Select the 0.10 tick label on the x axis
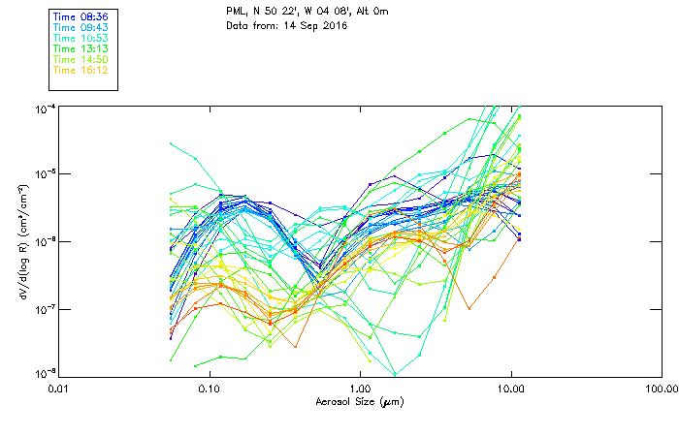point(209,389)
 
